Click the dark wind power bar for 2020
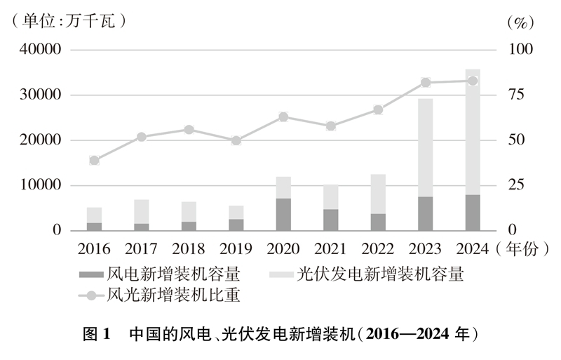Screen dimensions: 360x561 (283, 214)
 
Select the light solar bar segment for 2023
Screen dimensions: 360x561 (425, 147)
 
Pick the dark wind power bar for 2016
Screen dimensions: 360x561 (94, 226)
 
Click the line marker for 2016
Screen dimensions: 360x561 (94, 160)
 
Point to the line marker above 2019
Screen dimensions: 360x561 (236, 140)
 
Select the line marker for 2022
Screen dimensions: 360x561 (378, 109)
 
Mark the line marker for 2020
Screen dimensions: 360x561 (283, 116)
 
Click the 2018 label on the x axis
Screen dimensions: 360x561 (189, 248)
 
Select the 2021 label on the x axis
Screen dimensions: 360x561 (330, 248)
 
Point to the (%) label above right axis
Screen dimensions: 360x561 (520, 22)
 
